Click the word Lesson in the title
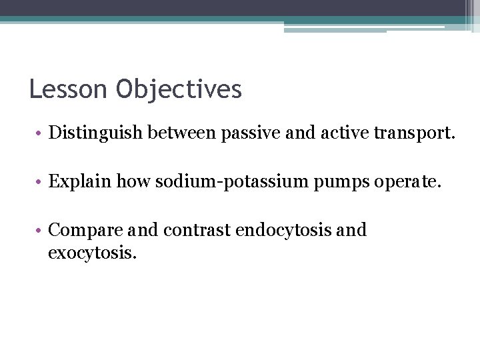[67, 89]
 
